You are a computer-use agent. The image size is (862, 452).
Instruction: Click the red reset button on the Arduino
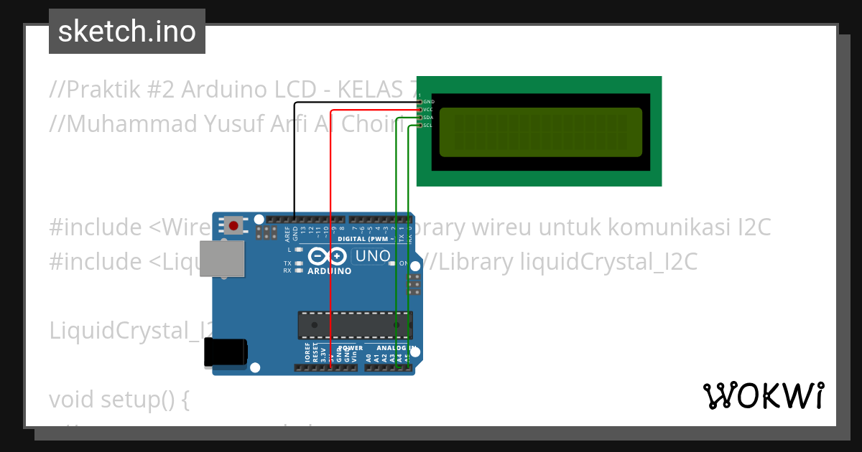(233, 225)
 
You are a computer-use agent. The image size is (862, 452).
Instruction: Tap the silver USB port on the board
(221, 258)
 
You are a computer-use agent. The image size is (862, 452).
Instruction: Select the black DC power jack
(225, 352)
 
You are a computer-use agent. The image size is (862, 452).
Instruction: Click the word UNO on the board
(372, 256)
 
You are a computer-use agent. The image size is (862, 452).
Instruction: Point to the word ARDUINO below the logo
(330, 271)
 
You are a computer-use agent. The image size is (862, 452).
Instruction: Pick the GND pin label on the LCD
(428, 102)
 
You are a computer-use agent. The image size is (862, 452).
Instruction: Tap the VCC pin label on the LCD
(428, 110)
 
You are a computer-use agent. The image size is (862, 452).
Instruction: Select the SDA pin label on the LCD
(428, 118)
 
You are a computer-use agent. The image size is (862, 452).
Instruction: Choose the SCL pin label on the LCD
(428, 126)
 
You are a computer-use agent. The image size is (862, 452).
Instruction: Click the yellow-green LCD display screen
(540, 132)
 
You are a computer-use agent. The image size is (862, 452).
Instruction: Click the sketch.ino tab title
(127, 32)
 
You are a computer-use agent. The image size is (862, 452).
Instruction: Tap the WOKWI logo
(763, 395)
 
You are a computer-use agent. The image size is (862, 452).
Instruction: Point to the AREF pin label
(287, 232)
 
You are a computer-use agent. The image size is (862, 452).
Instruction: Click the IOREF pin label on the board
(307, 353)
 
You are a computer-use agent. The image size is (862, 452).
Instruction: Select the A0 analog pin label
(369, 356)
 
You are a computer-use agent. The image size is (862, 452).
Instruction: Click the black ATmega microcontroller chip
(356, 325)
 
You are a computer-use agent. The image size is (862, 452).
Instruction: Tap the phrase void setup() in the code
(119, 400)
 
